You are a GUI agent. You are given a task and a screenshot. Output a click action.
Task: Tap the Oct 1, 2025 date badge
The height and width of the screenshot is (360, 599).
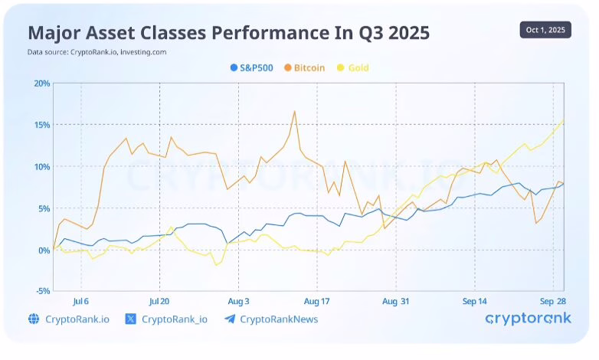(545, 30)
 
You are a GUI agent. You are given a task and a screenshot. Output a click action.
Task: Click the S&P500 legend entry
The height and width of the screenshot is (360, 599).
(256, 67)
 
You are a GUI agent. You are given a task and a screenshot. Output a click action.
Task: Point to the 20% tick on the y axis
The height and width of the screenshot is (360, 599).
(41, 83)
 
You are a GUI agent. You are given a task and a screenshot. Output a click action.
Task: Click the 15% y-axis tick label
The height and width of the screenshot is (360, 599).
(41, 125)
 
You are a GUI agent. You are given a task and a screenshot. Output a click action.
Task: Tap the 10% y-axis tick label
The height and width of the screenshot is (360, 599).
(41, 166)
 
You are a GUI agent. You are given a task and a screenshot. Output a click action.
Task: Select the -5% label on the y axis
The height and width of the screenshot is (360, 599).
(41, 291)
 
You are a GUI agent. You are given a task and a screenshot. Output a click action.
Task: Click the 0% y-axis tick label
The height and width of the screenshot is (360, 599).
(43, 250)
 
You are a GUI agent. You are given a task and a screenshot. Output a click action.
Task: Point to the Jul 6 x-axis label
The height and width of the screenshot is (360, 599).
(80, 301)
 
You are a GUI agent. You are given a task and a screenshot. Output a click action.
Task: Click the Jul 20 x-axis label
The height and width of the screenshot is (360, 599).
(159, 301)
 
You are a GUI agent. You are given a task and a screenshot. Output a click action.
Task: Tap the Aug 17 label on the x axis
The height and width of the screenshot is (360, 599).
(317, 301)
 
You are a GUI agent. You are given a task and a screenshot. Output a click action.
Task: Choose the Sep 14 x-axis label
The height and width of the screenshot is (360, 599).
(475, 301)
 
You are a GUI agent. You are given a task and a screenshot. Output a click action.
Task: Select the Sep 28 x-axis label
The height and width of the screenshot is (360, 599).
(553, 301)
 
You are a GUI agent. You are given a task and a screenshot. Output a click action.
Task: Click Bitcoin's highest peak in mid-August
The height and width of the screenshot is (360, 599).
(294, 111)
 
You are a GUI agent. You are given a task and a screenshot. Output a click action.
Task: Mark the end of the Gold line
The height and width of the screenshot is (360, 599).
(565, 119)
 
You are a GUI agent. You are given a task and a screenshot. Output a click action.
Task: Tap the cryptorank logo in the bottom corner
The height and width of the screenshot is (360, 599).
(528, 319)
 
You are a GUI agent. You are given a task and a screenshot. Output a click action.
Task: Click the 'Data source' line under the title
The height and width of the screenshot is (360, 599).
(97, 52)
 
